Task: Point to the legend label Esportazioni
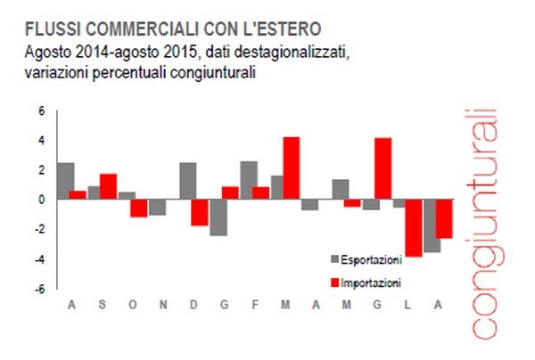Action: click(x=374, y=259)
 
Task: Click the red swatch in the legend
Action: click(x=335, y=283)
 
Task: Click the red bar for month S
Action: click(x=108, y=186)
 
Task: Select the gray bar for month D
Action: click(x=187, y=181)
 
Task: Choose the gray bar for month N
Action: click(x=157, y=207)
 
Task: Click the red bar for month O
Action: click(x=138, y=208)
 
